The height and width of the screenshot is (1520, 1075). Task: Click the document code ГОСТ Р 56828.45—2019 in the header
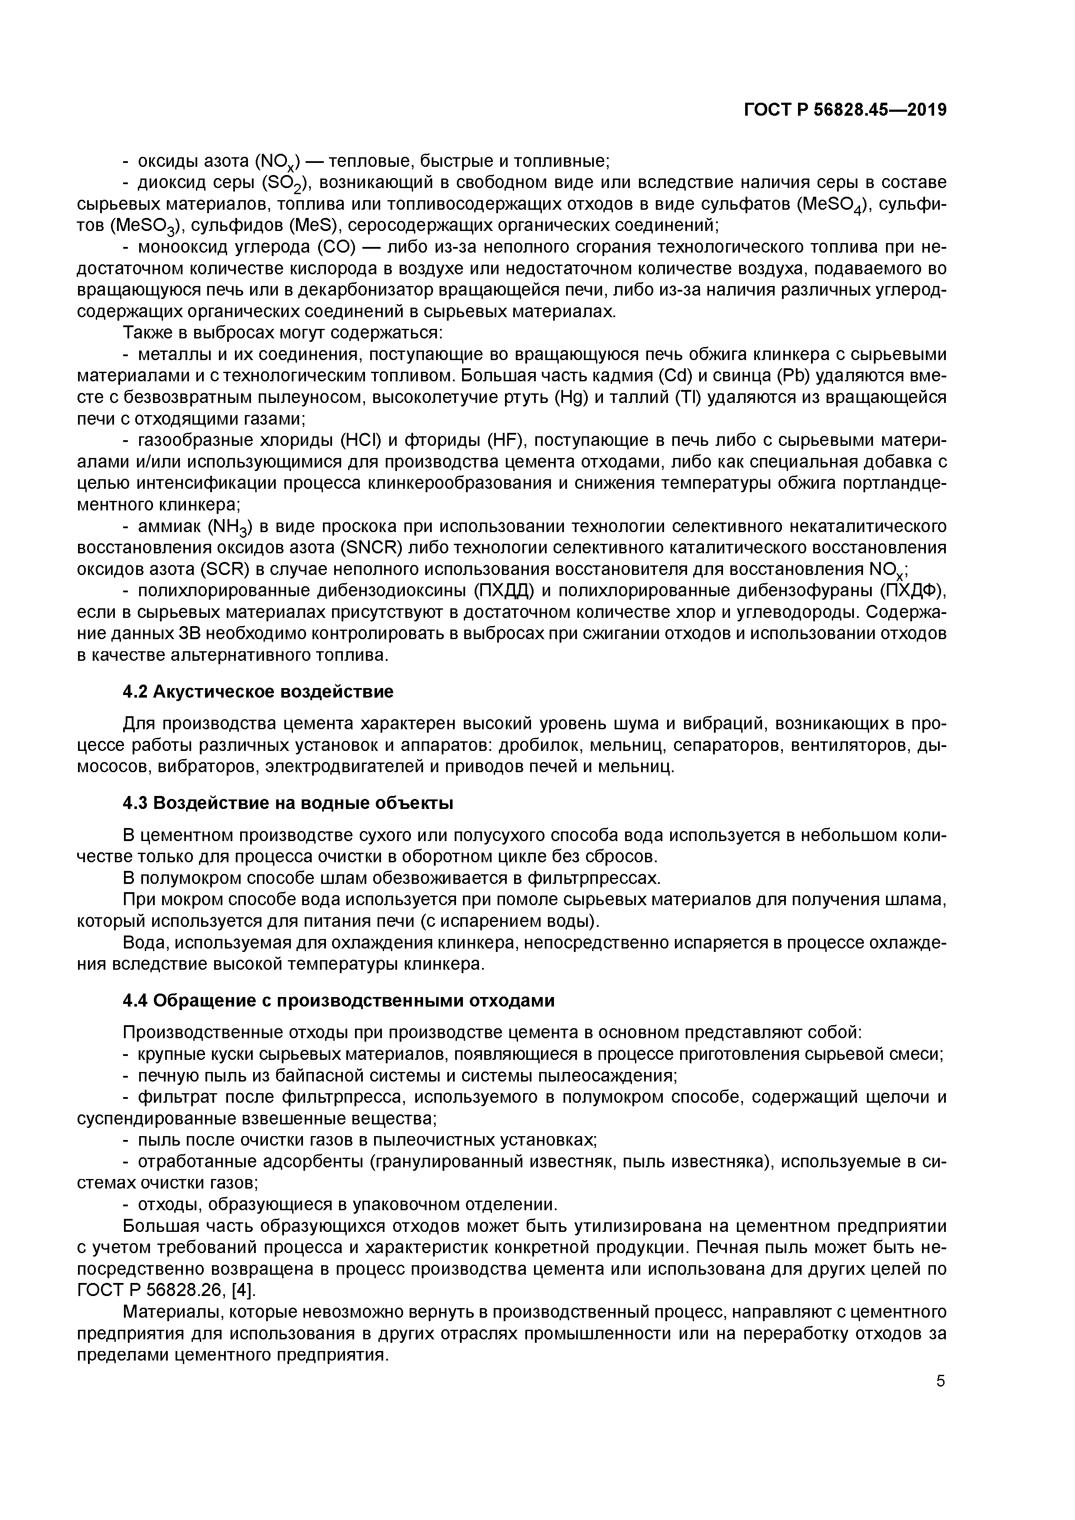[x=845, y=110]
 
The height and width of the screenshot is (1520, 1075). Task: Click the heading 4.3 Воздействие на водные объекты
[x=288, y=804]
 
